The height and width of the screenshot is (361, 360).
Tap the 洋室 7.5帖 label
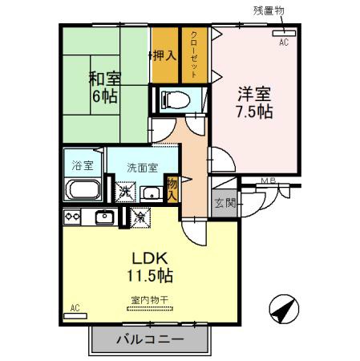point(253,101)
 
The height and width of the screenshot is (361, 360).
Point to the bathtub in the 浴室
point(82,191)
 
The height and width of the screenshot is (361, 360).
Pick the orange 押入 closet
point(164,55)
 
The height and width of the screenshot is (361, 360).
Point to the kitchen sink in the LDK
point(104,217)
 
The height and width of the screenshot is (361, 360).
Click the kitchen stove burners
point(72,217)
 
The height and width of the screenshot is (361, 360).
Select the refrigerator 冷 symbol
point(139,217)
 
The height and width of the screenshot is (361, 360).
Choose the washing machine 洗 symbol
point(124,192)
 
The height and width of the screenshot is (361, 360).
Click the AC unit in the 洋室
point(281,34)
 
